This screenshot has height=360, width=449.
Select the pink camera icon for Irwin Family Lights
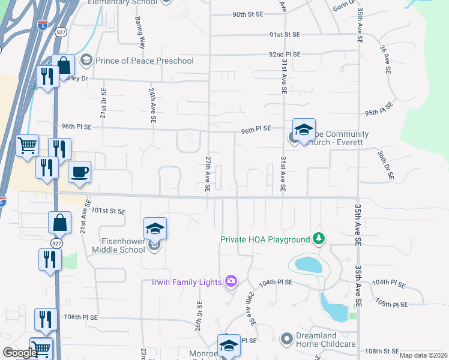click(x=231, y=281)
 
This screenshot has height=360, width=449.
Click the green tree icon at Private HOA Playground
click(x=319, y=239)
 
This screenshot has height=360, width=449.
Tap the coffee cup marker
click(x=80, y=173)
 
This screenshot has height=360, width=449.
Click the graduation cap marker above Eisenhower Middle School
click(x=155, y=229)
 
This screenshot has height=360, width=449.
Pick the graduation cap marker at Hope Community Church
click(x=304, y=130)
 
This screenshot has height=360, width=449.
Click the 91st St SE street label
click(x=285, y=35)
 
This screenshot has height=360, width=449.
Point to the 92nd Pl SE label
click(x=285, y=54)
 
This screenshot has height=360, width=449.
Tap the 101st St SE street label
click(x=108, y=211)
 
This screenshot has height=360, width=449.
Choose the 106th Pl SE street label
click(x=81, y=317)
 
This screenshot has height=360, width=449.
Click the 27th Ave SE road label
click(x=208, y=174)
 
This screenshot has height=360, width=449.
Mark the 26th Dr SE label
click(x=197, y=315)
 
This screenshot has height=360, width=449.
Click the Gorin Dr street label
click(x=345, y=7)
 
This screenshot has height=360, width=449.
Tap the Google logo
click(x=20, y=353)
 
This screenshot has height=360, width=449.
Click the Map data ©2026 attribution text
click(x=423, y=355)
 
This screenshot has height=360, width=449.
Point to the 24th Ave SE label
click(x=152, y=106)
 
